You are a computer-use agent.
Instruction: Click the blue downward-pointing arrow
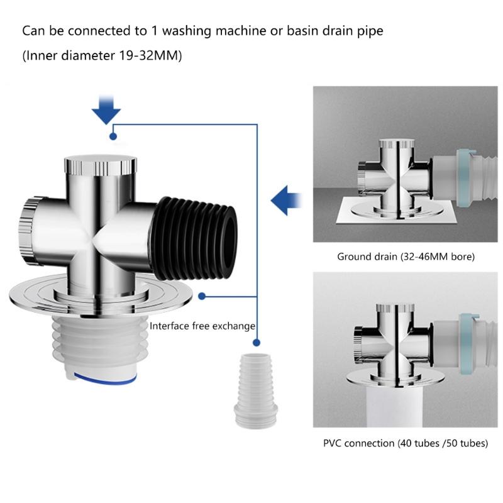coord(106,111)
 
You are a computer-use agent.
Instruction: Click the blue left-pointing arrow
coord(285,201)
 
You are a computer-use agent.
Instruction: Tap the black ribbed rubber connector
coord(195,238)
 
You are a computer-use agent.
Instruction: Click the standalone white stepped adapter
coord(256,390)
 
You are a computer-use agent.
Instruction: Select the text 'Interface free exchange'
coord(202,326)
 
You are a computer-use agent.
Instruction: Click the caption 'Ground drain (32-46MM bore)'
coord(406,257)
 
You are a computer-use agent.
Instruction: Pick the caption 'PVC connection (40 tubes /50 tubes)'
coord(406,443)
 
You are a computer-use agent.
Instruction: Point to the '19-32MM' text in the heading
coord(150,55)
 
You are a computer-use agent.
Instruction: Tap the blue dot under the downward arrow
coord(113,136)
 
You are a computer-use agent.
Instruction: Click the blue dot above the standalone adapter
coord(257,343)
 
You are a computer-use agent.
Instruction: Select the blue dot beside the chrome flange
coord(202,296)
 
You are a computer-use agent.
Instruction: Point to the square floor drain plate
coord(397,211)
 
